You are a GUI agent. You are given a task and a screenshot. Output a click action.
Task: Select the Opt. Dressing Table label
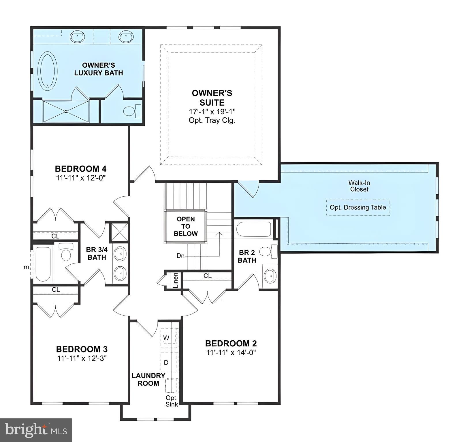(x=358, y=207)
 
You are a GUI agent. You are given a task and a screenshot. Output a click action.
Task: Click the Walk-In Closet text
(x=359, y=186)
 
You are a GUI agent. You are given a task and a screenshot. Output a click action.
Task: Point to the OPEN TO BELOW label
(x=186, y=226)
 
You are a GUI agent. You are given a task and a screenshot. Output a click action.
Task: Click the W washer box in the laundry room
(x=166, y=338)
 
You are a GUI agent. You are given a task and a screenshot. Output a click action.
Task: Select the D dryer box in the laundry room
(x=166, y=363)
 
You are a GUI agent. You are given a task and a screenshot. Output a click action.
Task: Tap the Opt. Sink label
(x=172, y=401)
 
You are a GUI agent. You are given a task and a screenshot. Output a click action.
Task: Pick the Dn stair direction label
(x=180, y=256)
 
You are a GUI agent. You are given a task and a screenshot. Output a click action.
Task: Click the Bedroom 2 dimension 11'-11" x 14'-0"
(x=231, y=352)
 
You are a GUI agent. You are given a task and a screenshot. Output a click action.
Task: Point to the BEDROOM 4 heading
(x=81, y=168)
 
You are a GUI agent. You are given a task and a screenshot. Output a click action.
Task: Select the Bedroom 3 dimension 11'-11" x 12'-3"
(x=82, y=358)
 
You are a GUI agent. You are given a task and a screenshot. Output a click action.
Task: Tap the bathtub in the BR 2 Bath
(x=253, y=229)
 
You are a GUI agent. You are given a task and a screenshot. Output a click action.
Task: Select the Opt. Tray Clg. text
(x=212, y=120)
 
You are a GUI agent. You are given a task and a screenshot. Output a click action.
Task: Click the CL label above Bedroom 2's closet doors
(x=207, y=276)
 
